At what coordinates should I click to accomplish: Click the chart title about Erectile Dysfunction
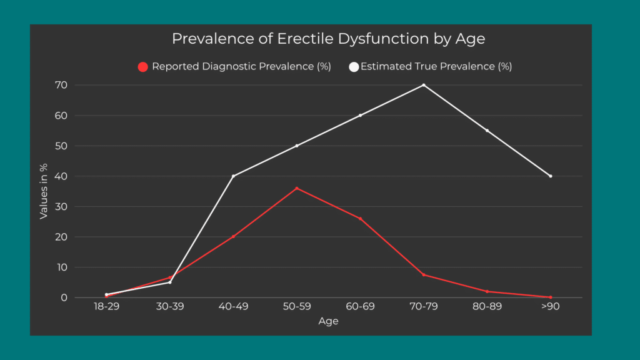[x=328, y=39]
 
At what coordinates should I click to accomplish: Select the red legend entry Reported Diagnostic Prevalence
[x=234, y=66]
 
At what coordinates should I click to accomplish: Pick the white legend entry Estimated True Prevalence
[x=431, y=66]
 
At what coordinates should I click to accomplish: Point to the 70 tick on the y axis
[x=62, y=85]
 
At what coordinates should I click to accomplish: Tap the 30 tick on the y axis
[x=62, y=207]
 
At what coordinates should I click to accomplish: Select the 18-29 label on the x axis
[x=106, y=307]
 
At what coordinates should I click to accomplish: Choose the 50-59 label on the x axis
[x=297, y=307]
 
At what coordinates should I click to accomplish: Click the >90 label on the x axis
[x=550, y=307]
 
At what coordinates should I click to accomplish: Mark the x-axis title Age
[x=328, y=321]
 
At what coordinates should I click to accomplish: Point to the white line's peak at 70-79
[x=424, y=85]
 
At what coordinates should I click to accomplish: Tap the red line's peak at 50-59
[x=297, y=188]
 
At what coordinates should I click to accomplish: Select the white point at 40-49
[x=233, y=176]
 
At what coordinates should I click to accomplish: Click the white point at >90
[x=551, y=176]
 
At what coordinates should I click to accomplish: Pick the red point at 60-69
[x=361, y=219]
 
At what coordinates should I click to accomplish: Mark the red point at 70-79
[x=424, y=275]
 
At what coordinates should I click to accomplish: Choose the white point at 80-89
[x=487, y=131]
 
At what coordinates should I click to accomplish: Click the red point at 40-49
[x=233, y=236]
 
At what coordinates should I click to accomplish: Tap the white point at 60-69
[x=361, y=116]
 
